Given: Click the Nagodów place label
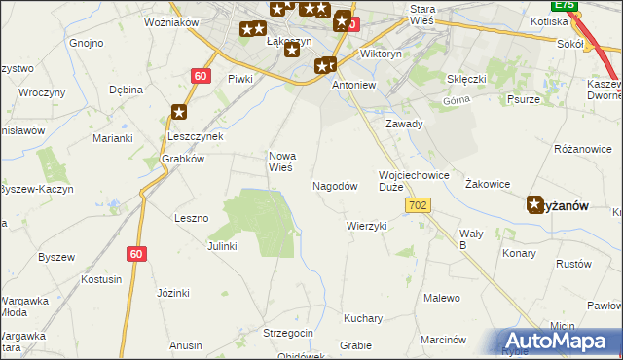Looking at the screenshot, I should pos(335,185).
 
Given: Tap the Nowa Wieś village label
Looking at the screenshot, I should pos(282,162).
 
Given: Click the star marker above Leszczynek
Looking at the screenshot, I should pos(178,114).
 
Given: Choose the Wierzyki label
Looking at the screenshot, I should pos(367,226).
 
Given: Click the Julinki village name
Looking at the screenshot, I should pos(222,246).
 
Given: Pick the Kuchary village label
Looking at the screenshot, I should pos(363,318).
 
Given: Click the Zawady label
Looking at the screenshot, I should pos(404,125).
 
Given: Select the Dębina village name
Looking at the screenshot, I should pos(127,90).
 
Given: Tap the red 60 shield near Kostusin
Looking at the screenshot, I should pos(136,253).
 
